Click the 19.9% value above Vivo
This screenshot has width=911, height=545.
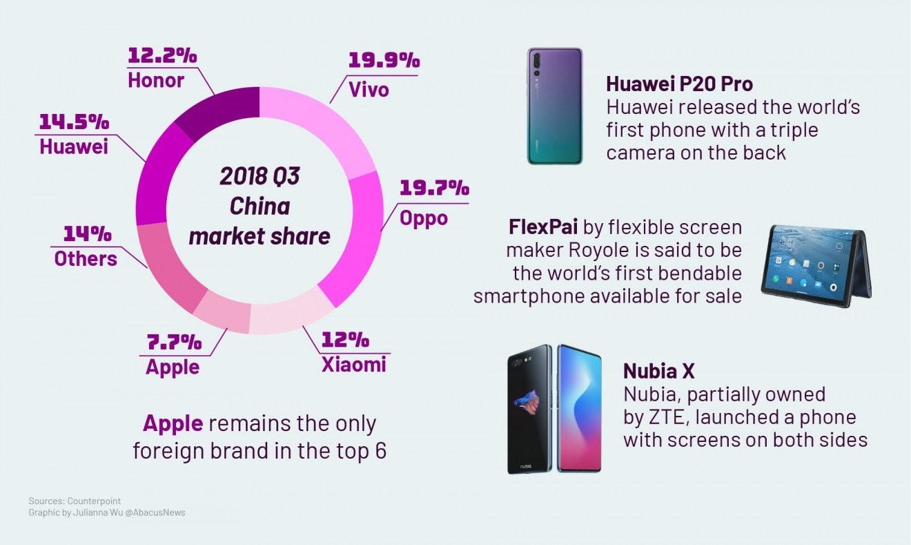pos(384,60)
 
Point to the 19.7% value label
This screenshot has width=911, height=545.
pos(434,188)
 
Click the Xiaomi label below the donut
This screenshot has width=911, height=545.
pos(354,364)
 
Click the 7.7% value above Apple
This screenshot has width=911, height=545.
pos(173,341)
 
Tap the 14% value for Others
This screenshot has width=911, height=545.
pos(86,234)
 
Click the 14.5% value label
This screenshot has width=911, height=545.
pos(73,122)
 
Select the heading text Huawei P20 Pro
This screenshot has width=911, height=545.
pos(679,84)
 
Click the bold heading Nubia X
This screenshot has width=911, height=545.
pos(658,371)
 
